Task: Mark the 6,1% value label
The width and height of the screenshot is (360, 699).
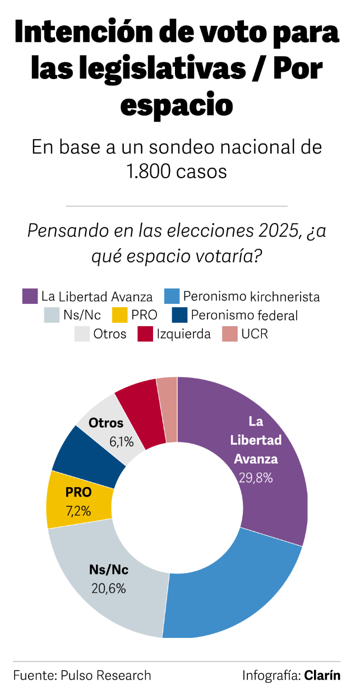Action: click(122, 442)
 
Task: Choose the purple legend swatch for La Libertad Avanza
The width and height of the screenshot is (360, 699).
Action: click(30, 296)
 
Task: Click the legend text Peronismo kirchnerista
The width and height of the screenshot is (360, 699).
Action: click(251, 296)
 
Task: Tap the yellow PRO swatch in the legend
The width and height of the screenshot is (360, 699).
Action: click(119, 315)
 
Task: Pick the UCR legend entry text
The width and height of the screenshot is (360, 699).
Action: click(255, 334)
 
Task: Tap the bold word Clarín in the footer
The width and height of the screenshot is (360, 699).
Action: click(322, 675)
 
